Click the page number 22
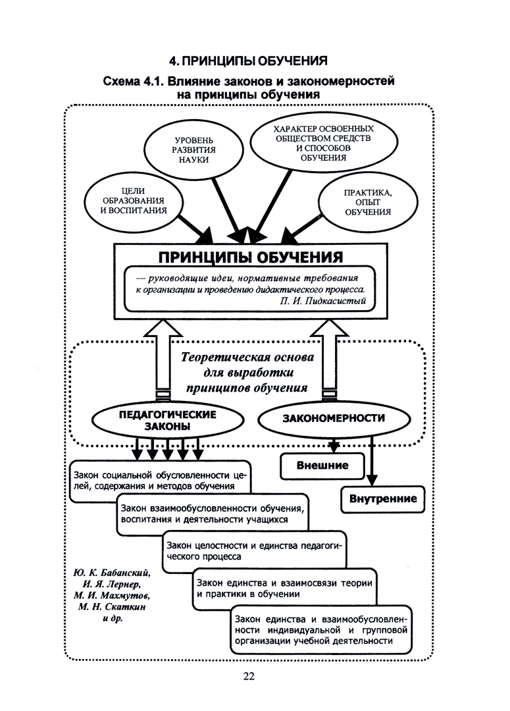(x=249, y=676)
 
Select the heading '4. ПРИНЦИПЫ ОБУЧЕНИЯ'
(x=248, y=62)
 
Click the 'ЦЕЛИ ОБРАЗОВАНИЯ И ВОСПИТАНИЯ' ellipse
(x=124, y=201)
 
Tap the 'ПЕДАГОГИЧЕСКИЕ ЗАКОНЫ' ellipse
(x=167, y=420)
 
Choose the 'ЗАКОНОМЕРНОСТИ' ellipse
(x=334, y=418)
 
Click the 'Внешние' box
(x=322, y=466)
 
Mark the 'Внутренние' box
(x=382, y=498)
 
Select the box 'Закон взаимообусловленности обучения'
(x=212, y=513)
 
